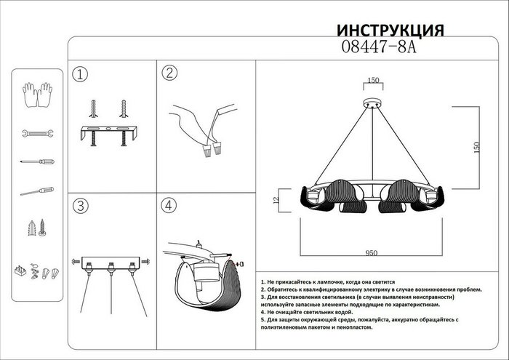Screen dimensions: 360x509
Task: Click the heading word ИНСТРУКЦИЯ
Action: coord(390,31)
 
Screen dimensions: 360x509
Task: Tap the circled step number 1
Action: coord(81,73)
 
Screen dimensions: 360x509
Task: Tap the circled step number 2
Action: coord(169,73)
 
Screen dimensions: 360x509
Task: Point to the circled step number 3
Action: coord(81,205)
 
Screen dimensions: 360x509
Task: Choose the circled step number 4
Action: coord(169,205)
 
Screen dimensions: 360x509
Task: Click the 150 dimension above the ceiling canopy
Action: coord(374,81)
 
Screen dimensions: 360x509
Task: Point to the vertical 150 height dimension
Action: coord(477,145)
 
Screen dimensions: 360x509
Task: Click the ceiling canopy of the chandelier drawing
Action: coord(374,103)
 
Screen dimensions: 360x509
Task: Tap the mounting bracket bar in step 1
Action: coord(109,132)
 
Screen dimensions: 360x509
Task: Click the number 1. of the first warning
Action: coord(262,281)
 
